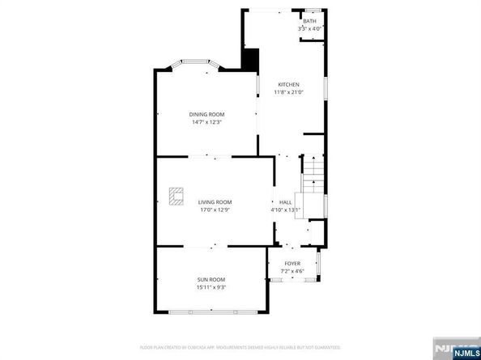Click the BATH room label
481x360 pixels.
pyautogui.click(x=309, y=21)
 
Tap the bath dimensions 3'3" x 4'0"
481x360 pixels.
pyautogui.click(x=309, y=28)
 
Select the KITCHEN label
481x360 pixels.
pyautogui.click(x=289, y=84)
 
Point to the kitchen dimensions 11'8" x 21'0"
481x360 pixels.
pyautogui.click(x=289, y=91)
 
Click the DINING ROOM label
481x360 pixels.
pyautogui.click(x=207, y=114)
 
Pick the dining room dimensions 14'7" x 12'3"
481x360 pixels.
pyautogui.click(x=207, y=122)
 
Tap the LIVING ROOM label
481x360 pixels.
pyautogui.click(x=215, y=201)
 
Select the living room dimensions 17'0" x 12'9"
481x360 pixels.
pyautogui.click(x=215, y=210)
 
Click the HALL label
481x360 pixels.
pyautogui.click(x=285, y=202)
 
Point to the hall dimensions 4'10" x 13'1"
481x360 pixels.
pyautogui.click(x=285, y=210)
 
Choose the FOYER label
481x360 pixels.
pyautogui.click(x=292, y=263)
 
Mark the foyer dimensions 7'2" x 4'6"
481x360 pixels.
pyautogui.click(x=292, y=270)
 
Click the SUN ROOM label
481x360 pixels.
pyautogui.click(x=211, y=279)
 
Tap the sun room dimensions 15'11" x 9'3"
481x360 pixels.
pyautogui.click(x=211, y=287)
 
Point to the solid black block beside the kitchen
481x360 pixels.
pyautogui.click(x=250, y=61)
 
